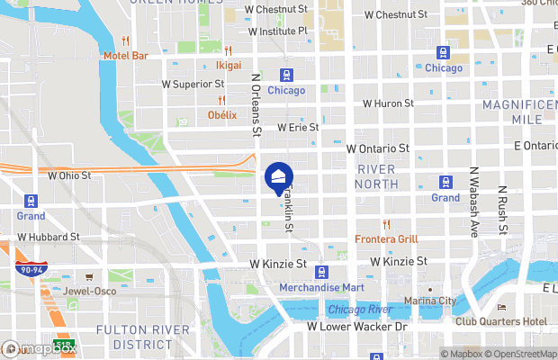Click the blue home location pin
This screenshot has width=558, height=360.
click(279, 176)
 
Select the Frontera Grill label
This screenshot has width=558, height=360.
click(386, 239)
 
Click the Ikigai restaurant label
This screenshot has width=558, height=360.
click(229, 66)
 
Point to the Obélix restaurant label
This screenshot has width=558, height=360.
click(221, 114)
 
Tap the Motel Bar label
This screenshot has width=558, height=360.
click(125, 56)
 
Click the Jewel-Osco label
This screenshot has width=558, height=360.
click(88, 292)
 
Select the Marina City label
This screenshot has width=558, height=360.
click(430, 301)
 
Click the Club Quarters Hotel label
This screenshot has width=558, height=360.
click(501, 321)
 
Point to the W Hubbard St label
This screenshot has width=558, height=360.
click(49, 238)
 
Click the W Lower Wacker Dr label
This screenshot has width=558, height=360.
click(358, 327)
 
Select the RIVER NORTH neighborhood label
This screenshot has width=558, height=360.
click(377, 176)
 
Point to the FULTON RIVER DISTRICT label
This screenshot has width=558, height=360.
click(134, 336)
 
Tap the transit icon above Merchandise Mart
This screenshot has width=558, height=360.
click(322, 271)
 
